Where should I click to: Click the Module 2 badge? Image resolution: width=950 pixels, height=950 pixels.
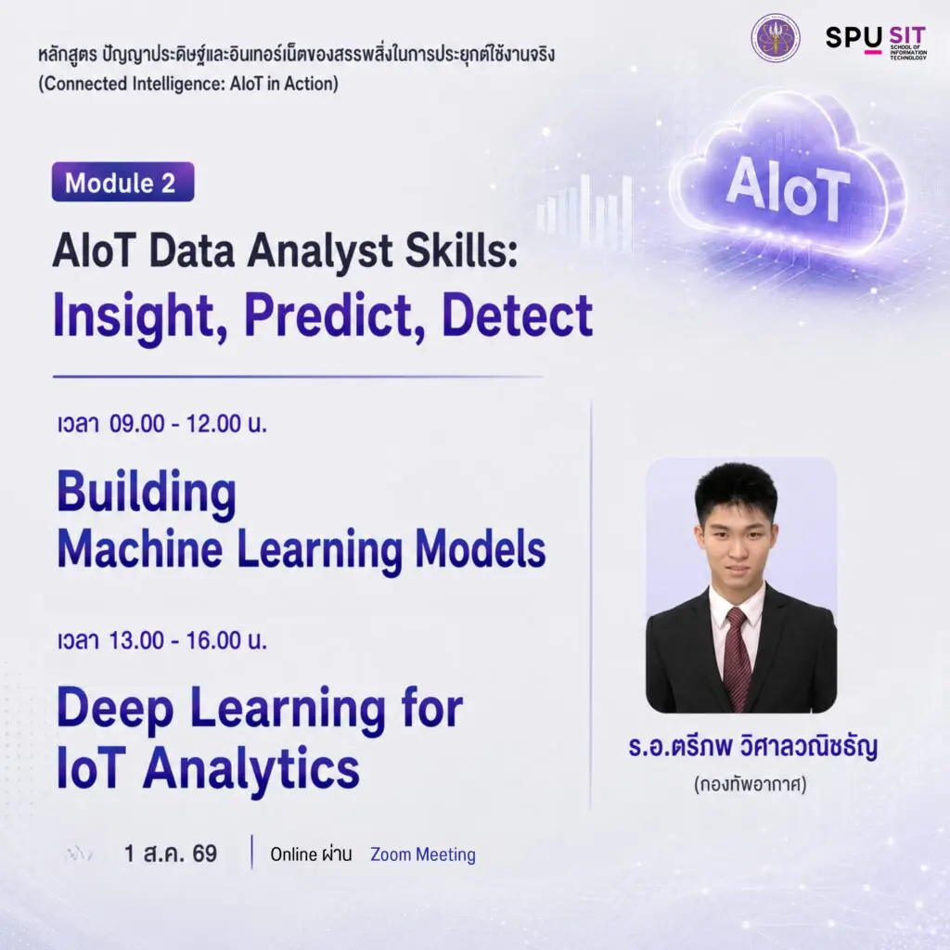(123, 182)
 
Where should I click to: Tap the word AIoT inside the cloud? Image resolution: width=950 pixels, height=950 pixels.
(788, 186)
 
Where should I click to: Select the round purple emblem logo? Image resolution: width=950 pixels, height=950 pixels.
(775, 38)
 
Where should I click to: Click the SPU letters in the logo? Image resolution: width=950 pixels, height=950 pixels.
(854, 38)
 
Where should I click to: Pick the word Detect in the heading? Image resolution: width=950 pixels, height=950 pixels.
(518, 315)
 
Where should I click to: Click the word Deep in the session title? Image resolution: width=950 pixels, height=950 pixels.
(115, 709)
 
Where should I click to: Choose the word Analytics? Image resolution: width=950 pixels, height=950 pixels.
(250, 769)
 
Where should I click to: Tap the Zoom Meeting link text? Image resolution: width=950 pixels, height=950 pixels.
(423, 854)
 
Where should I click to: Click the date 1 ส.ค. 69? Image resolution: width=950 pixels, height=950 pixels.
(171, 854)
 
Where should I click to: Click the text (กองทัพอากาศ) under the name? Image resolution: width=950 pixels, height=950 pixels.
(750, 785)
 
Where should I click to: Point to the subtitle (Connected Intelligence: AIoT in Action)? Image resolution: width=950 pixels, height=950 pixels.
(188, 83)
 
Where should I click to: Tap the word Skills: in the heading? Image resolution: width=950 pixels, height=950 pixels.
(462, 250)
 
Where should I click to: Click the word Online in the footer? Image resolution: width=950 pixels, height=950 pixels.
(294, 854)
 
